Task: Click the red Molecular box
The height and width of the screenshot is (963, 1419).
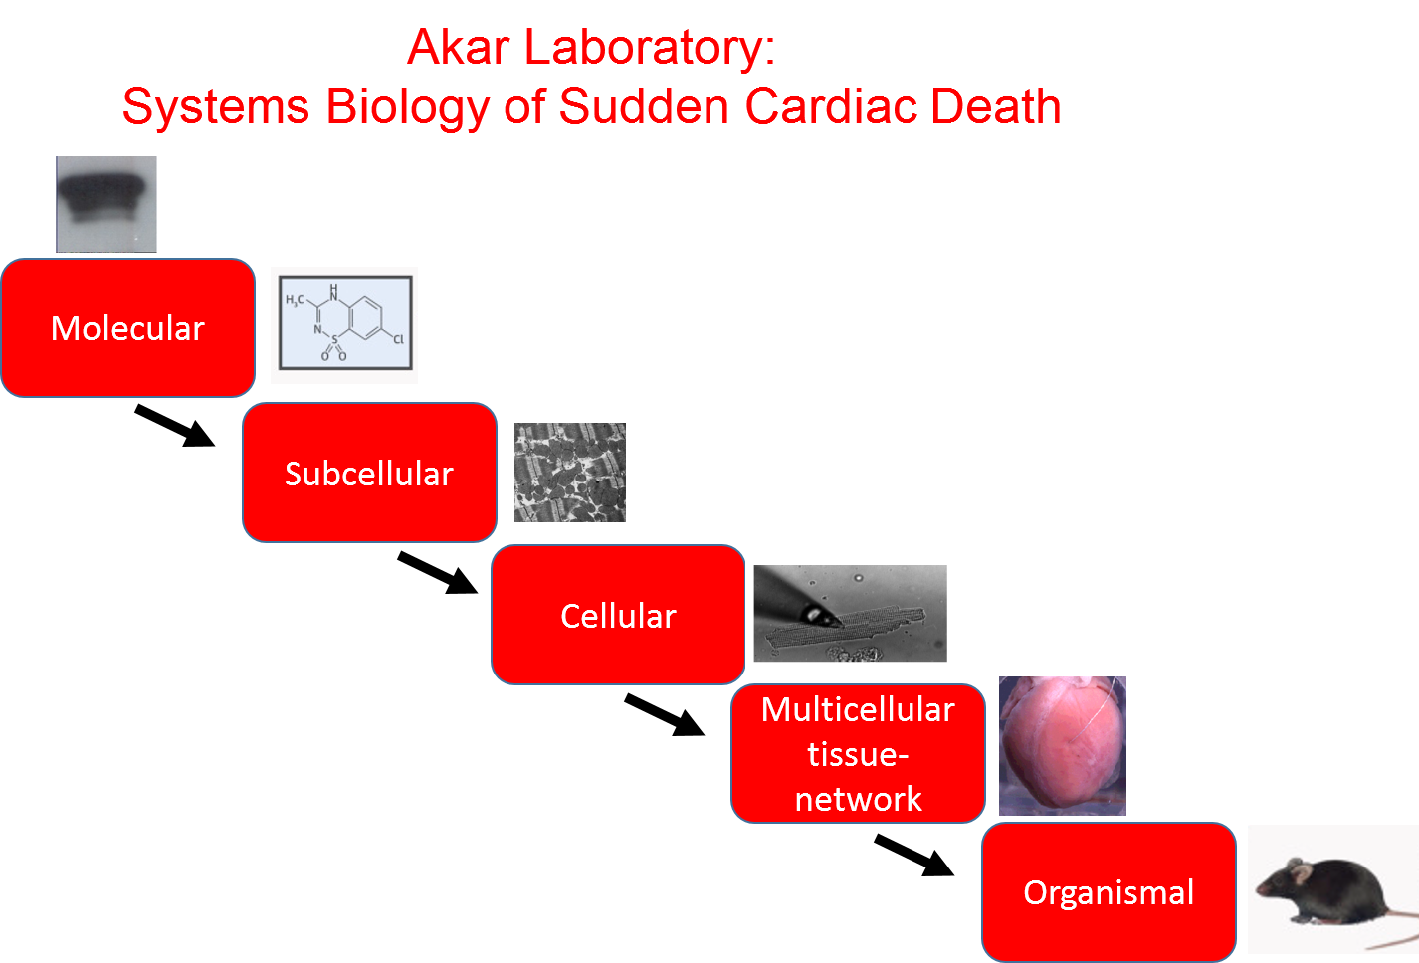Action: tap(127, 328)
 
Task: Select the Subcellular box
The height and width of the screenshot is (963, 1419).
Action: tap(369, 473)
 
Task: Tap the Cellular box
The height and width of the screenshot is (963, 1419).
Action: tap(618, 615)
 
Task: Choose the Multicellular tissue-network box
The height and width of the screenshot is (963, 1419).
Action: tap(858, 754)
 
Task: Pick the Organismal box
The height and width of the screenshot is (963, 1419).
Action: tap(1109, 892)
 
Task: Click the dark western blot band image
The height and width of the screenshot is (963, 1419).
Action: tap(106, 204)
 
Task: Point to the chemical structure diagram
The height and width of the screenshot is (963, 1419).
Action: tap(344, 325)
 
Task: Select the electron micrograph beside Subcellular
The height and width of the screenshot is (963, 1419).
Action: tap(570, 473)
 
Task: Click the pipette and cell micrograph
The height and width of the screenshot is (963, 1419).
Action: tap(851, 613)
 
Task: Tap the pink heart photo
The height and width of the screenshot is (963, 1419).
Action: tap(1063, 746)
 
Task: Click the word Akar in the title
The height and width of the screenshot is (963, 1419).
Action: tap(459, 48)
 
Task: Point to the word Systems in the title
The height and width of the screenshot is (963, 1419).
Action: tap(215, 107)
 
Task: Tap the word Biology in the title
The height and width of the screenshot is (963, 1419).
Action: tap(407, 107)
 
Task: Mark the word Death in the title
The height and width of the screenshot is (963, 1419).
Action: tap(996, 107)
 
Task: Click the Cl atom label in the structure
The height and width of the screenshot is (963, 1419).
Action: tap(398, 339)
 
